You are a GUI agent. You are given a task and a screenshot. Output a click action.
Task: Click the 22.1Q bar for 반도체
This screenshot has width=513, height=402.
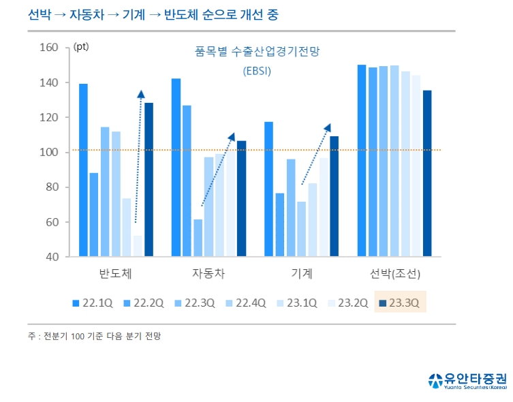83,170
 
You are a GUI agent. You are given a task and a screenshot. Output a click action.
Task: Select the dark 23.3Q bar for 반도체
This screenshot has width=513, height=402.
149,180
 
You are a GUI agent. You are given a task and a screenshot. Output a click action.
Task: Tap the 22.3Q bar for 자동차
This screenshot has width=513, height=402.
198,238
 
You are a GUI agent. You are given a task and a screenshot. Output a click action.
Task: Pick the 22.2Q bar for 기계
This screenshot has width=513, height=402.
279,225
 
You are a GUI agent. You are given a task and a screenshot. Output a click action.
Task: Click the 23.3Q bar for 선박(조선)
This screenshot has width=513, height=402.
426,174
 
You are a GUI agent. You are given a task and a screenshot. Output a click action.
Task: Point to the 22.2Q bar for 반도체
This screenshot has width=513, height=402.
94,215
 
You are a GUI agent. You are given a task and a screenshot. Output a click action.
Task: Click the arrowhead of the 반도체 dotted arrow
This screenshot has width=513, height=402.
140,95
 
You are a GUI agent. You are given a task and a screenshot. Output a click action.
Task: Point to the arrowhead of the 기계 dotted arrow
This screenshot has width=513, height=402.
328,127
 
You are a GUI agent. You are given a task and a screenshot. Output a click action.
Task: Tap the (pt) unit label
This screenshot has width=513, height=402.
81,47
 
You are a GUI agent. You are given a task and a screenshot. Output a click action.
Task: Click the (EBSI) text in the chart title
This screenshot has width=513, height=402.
257,70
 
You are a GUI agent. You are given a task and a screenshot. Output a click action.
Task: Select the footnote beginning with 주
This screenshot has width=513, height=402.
95,336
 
